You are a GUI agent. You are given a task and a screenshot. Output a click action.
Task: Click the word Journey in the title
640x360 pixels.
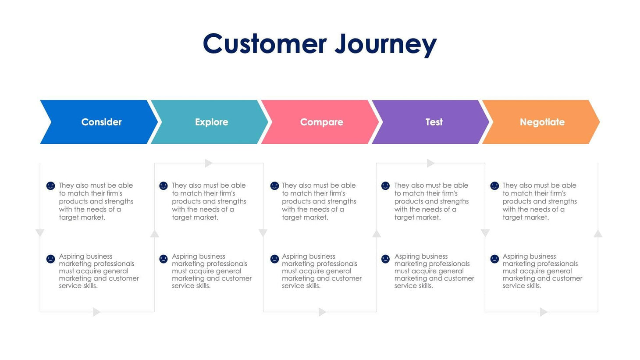coord(386,44)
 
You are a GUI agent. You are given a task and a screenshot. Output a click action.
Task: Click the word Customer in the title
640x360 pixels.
coord(265,44)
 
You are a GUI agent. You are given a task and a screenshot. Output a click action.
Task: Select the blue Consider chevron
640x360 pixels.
coord(101,122)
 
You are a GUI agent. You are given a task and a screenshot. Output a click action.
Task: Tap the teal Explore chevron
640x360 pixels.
coord(211,122)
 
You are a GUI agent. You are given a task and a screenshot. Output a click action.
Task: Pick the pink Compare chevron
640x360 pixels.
coord(321,122)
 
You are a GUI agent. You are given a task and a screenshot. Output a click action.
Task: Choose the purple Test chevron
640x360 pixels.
coord(434,122)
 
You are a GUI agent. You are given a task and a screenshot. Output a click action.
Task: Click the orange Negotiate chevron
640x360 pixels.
coord(542,122)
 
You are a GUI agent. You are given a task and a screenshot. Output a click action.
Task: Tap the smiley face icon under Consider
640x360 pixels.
coord(50,186)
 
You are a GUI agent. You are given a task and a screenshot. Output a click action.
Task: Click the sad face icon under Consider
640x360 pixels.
coord(50,259)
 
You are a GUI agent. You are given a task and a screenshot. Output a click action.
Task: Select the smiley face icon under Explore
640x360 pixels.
coord(164,186)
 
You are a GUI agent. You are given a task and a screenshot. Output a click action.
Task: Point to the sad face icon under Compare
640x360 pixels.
coord(274,259)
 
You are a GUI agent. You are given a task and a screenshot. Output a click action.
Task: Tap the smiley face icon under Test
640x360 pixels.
coord(385,186)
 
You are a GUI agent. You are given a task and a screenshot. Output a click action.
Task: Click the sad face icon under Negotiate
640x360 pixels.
coord(494,259)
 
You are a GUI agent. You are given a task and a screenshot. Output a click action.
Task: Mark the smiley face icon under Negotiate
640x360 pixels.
coord(494,186)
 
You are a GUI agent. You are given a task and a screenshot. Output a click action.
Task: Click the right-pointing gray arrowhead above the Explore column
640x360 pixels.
coord(208,163)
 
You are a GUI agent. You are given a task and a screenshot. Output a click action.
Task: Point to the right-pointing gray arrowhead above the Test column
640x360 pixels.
coord(430,163)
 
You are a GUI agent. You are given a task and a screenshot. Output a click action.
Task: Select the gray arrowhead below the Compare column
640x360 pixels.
coord(322,312)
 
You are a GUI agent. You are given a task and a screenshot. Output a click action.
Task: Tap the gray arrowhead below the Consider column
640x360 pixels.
coord(96,312)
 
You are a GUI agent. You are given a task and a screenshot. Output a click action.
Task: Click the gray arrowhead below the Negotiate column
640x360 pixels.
coord(543,312)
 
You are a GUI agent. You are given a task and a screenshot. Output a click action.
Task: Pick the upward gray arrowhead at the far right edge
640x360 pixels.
coord(598,234)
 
